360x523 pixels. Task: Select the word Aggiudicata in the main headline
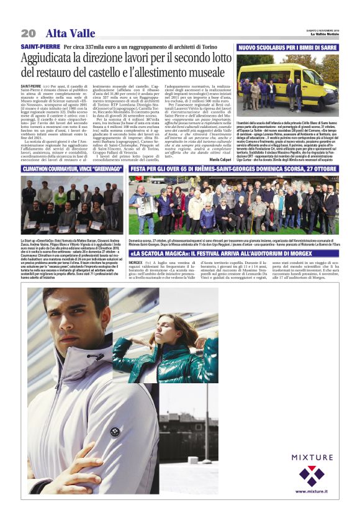(x=50, y=58)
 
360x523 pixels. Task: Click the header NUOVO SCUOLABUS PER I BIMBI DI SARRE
(x=287, y=47)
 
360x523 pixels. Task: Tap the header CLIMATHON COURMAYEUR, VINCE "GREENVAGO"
(x=73, y=169)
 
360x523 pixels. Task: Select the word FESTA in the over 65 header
(x=140, y=169)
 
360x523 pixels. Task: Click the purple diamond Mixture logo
(x=312, y=475)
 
